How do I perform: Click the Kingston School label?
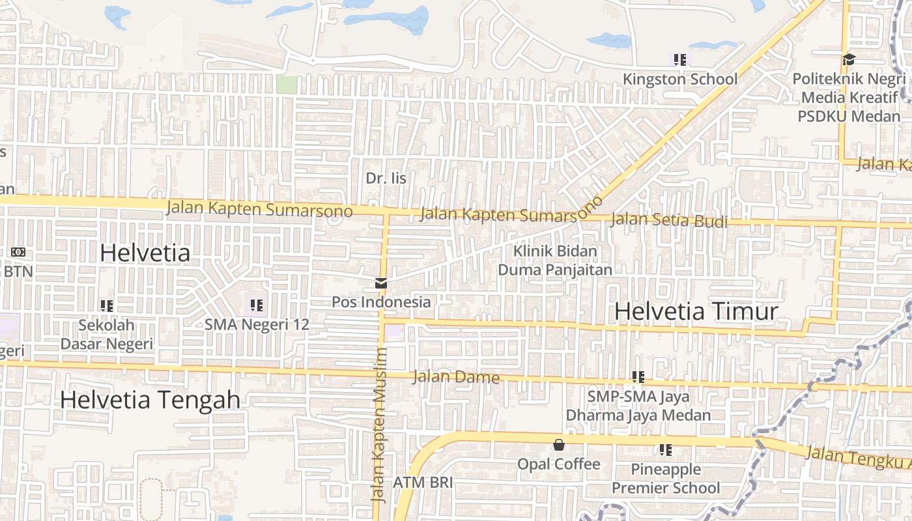(680, 79)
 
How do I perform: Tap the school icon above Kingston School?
(680, 60)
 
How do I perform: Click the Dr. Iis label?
(386, 178)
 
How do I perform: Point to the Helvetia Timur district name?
(696, 311)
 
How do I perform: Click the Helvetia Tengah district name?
(150, 399)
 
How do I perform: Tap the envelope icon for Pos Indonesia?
(380, 283)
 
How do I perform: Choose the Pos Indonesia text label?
(381, 302)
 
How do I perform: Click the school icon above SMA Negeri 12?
(256, 305)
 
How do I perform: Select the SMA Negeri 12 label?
(257, 324)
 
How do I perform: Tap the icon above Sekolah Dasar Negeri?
(107, 305)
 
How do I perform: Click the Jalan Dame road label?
(456, 377)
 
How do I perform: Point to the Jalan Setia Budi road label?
(668, 221)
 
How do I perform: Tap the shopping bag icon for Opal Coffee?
(558, 445)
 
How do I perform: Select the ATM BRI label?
(422, 483)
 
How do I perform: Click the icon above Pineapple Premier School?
(665, 449)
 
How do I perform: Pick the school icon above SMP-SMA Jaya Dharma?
(638, 376)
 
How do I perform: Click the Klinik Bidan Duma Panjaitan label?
(555, 260)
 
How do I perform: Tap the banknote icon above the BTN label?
(18, 252)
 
